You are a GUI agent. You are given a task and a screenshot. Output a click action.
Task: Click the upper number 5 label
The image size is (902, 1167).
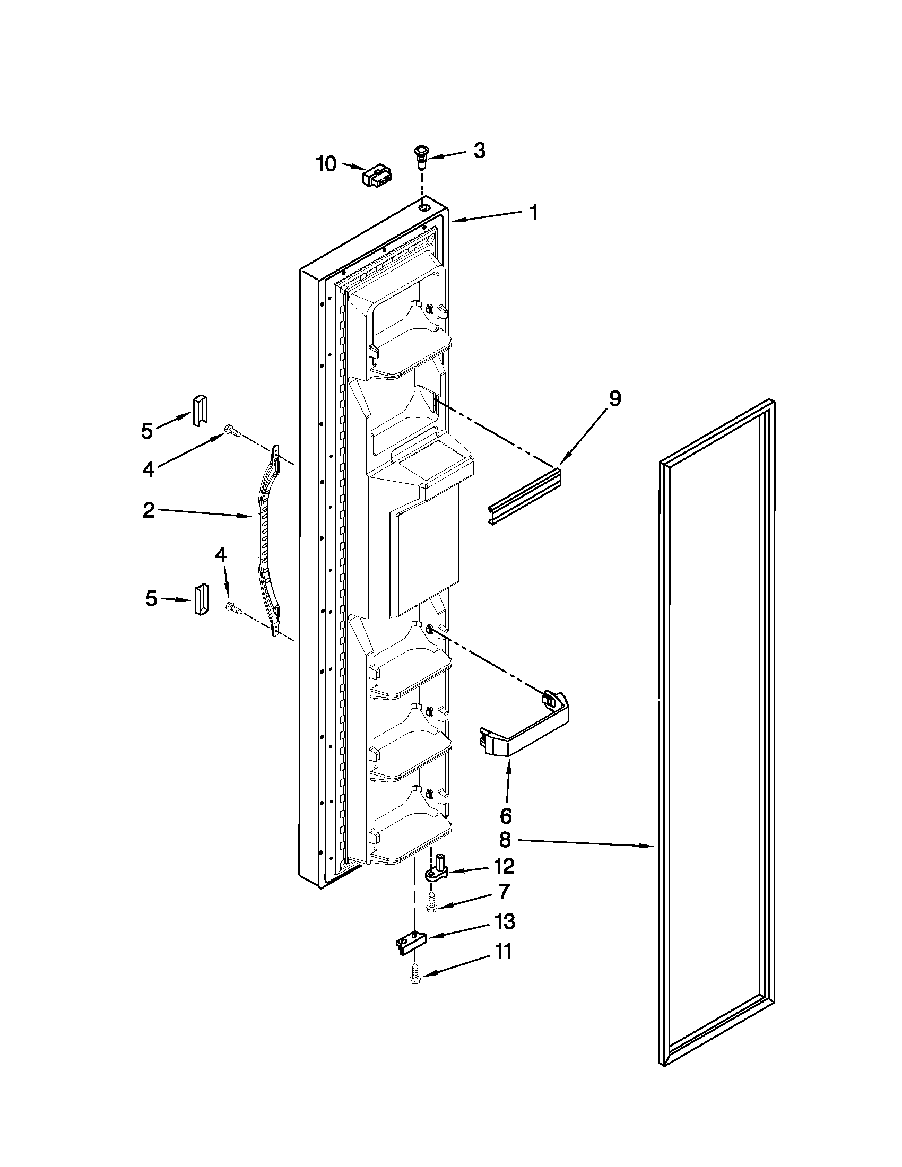(x=147, y=430)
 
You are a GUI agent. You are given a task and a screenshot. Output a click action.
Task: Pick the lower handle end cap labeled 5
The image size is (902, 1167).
(x=202, y=599)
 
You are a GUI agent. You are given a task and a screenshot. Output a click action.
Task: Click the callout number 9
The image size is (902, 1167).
(x=614, y=398)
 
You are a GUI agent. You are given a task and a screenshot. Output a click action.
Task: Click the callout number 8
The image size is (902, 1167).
(x=505, y=840)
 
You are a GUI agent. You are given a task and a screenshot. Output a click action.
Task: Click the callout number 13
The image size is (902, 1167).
(x=505, y=921)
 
